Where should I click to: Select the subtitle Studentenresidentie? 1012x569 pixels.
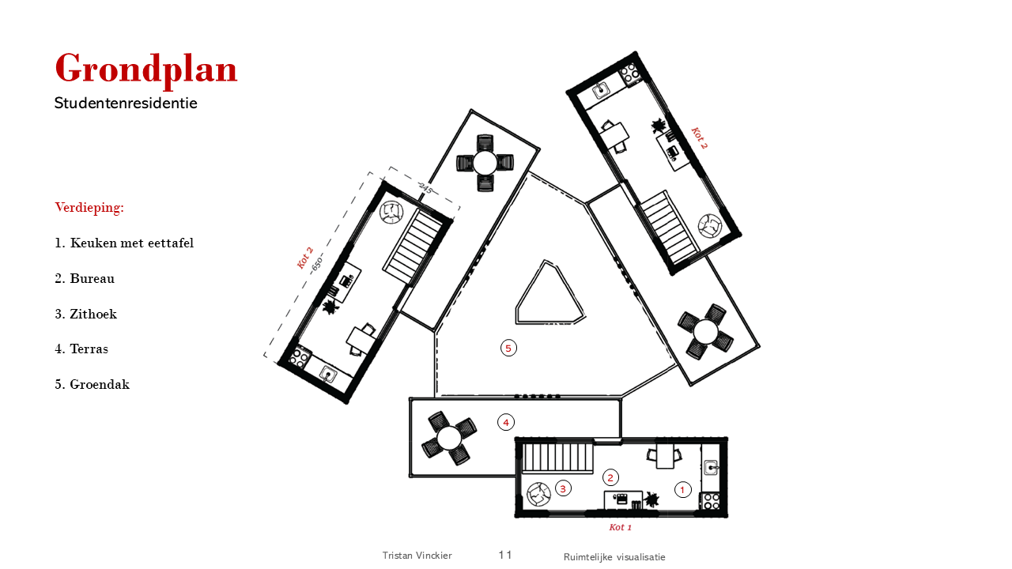tap(126, 103)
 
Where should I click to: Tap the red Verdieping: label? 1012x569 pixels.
tap(89, 207)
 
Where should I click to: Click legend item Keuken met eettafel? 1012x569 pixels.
tap(124, 243)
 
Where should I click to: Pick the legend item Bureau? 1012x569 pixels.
tap(85, 278)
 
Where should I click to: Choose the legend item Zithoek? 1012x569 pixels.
tap(86, 314)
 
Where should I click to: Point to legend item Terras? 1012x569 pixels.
tap(81, 349)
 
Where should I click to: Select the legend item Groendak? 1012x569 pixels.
tap(93, 384)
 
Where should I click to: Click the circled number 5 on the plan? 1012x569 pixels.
tap(508, 349)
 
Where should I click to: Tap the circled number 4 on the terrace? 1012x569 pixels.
tap(506, 422)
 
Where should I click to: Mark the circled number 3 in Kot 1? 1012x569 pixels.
tap(563, 488)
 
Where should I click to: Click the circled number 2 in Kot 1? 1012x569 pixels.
tap(611, 477)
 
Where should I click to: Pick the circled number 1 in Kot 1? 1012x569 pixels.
tap(682, 489)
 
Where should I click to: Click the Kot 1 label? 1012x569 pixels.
tap(621, 527)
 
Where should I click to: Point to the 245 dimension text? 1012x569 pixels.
tap(425, 188)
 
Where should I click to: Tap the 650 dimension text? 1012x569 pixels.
tap(317, 263)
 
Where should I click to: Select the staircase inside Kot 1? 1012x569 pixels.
tap(557, 458)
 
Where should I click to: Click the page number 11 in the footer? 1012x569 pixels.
tap(505, 555)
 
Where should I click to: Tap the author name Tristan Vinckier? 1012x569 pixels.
tap(417, 556)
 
